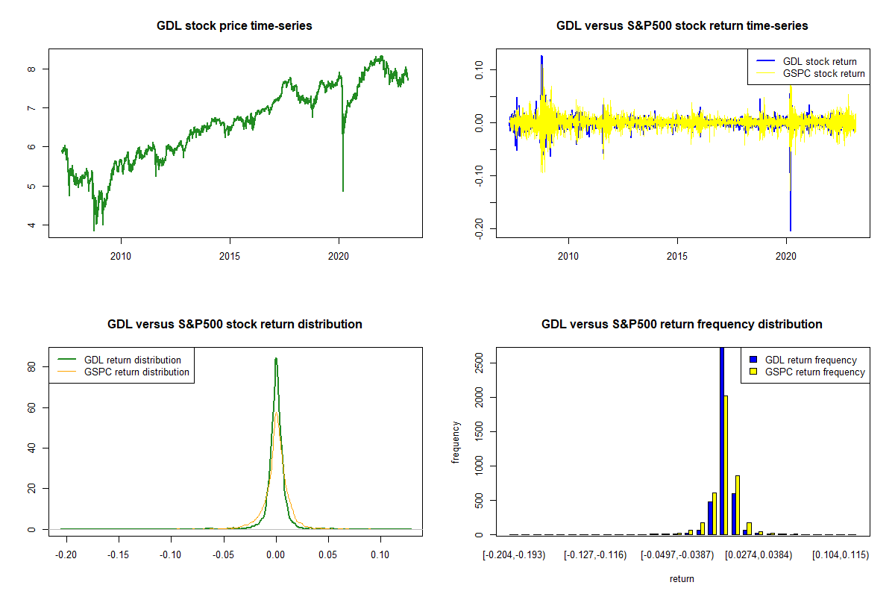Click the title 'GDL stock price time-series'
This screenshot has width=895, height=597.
234,26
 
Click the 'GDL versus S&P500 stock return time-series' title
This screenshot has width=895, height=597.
682,26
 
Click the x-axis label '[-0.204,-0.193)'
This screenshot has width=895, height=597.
514,555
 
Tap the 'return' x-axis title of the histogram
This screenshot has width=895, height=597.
682,579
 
